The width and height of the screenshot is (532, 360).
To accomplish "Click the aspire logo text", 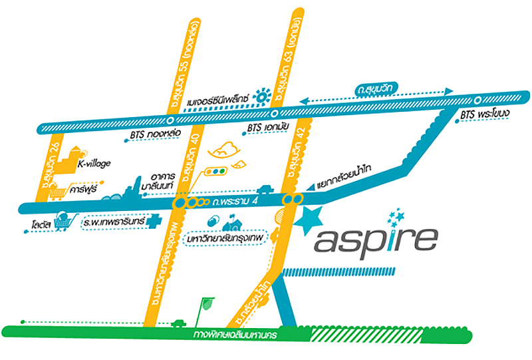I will click(x=376, y=238).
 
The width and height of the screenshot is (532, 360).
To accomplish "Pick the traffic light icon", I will click(x=214, y=171).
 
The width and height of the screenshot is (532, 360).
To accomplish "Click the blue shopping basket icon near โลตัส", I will click(x=66, y=220).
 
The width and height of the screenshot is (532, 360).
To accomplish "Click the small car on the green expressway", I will click(x=178, y=324).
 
